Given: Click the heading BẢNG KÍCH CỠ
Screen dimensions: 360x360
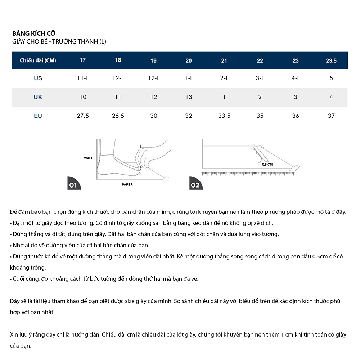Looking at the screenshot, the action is [34, 33].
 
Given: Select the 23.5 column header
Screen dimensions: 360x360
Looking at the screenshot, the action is [331, 60].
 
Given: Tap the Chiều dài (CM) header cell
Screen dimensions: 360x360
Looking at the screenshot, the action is [38, 60].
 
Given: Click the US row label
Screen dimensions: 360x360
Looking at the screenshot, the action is [38, 78].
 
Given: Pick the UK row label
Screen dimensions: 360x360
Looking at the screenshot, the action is [38, 97].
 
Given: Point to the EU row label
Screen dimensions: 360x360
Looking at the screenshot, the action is [38, 116].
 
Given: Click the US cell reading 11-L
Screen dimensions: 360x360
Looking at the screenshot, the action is [83, 78].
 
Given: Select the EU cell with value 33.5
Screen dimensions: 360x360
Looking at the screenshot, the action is [224, 116].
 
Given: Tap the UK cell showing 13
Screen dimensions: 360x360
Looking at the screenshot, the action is [189, 97].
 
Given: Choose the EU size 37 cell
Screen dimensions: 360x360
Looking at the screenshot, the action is [331, 116].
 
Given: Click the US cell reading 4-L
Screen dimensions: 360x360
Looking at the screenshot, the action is [296, 78].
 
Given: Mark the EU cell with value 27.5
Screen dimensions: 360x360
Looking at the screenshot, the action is [83, 116].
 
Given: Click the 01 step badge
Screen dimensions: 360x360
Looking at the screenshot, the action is [74, 183].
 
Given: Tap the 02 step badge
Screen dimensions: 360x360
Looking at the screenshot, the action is [196, 183].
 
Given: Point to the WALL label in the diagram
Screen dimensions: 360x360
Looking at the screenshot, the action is [89, 158].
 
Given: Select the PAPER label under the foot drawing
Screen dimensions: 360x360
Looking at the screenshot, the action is [127, 184].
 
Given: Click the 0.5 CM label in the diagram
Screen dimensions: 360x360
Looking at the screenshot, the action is [267, 165].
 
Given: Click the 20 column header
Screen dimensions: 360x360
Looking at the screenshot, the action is [189, 60].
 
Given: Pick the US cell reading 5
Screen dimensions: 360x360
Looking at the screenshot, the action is [331, 78].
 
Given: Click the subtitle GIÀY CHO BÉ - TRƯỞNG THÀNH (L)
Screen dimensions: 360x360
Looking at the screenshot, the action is [59, 41].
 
